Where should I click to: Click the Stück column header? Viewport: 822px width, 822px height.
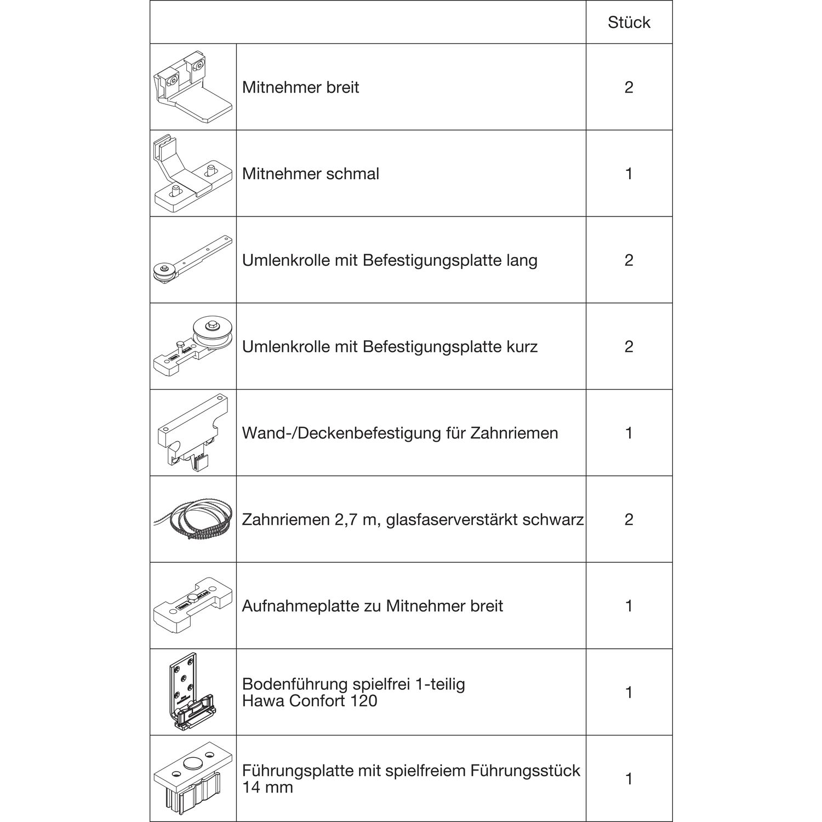tap(629, 22)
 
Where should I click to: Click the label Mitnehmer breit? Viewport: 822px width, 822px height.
tap(300, 87)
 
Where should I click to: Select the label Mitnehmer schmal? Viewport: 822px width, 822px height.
tap(311, 174)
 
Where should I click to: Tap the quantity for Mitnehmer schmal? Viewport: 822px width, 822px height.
tap(629, 174)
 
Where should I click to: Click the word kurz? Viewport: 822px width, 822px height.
tap(521, 346)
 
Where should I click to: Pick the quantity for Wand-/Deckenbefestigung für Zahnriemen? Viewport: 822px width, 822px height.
tap(629, 433)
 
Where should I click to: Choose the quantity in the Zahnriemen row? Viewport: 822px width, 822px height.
tap(629, 519)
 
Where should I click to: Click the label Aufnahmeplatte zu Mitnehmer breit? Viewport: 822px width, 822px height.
tap(373, 606)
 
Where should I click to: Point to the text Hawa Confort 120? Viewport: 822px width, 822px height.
tap(310, 701)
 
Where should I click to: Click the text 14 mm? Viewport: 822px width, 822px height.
tap(267, 787)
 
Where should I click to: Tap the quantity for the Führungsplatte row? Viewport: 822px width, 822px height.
tap(629, 779)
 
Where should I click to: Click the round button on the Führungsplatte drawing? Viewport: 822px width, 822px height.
tap(193, 763)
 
